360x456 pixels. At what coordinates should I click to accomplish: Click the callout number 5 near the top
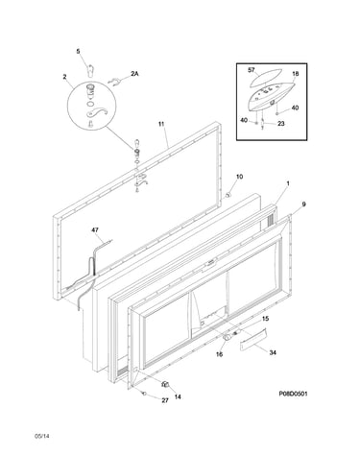click(78, 51)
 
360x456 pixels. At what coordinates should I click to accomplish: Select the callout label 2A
click(134, 74)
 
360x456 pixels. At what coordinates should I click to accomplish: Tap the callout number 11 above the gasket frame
click(161, 124)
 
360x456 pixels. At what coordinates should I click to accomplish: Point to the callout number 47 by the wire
click(95, 229)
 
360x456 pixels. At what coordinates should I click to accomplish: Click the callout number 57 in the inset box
click(252, 70)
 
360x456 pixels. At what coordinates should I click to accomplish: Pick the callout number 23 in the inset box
click(280, 124)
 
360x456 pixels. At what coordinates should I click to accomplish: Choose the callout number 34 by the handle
click(273, 352)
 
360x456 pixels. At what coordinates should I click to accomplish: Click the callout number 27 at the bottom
click(165, 400)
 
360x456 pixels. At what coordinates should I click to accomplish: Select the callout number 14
click(178, 396)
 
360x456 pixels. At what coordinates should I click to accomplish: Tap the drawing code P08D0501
click(293, 394)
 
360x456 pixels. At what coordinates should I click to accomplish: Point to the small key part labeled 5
click(90, 70)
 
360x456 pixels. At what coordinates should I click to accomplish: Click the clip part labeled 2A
click(114, 83)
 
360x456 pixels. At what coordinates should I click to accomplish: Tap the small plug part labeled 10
click(228, 195)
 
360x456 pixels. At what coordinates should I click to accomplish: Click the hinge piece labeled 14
click(165, 384)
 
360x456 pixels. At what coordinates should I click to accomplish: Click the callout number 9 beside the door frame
click(303, 204)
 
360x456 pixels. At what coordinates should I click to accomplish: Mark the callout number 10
click(240, 177)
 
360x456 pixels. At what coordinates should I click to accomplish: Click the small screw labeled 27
click(144, 393)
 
